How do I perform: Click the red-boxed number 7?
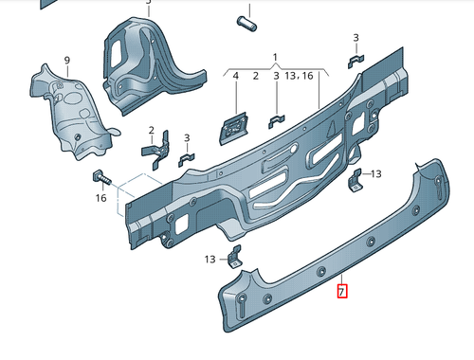click(x=343, y=292)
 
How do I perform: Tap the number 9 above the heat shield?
click(x=67, y=61)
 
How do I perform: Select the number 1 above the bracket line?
click(x=276, y=57)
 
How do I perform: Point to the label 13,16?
click(x=300, y=75)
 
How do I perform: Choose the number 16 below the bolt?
click(x=100, y=199)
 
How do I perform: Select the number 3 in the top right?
click(x=356, y=38)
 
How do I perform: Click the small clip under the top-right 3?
click(x=355, y=63)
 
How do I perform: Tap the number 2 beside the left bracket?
click(x=150, y=130)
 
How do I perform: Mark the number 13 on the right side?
click(x=375, y=173)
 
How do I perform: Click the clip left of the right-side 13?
click(x=355, y=179)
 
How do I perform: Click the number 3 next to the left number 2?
click(x=187, y=137)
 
